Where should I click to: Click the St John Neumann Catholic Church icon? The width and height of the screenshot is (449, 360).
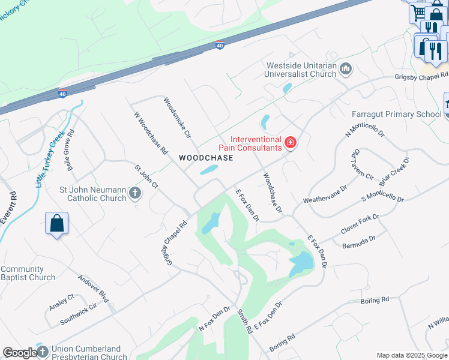tap(135, 193)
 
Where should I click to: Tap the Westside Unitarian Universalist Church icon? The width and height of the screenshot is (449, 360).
tap(345, 70)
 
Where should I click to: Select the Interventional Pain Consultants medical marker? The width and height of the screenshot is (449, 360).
tap(291, 142)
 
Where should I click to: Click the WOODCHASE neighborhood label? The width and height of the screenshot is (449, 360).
tap(206, 158)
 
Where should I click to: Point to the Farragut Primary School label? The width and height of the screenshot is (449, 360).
tap(396, 114)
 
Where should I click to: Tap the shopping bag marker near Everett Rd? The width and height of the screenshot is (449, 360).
tap(56, 223)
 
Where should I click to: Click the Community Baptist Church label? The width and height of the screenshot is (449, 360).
tap(28, 274)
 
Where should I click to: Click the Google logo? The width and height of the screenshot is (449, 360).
tap(20, 353)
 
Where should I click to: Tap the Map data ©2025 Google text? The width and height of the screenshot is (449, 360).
tap(411, 355)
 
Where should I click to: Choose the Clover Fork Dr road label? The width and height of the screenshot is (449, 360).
tap(360, 223)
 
